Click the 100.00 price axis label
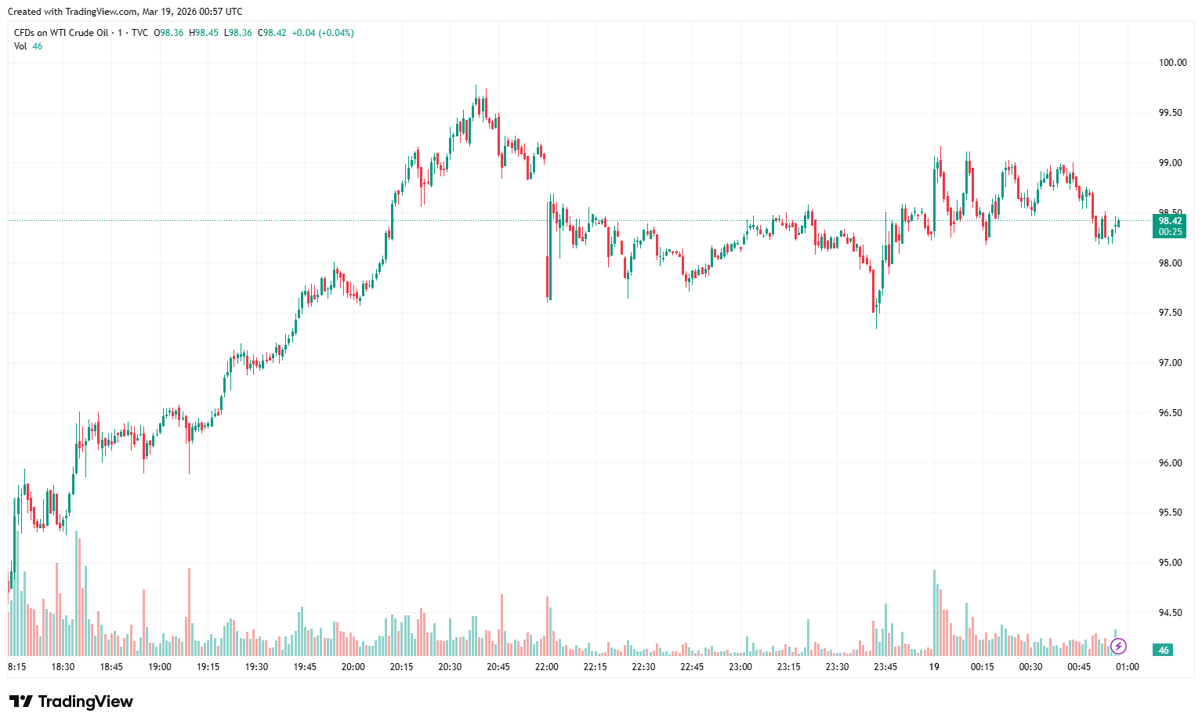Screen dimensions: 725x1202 [x=1172, y=63]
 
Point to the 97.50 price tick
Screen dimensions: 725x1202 [x=1171, y=313]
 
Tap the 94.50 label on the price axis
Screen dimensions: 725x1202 [x=1171, y=613]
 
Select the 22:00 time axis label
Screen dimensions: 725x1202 [x=547, y=667]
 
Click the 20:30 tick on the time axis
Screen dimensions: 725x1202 [x=450, y=667]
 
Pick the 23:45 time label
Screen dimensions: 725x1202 [x=885, y=667]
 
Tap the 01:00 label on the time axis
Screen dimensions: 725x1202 [x=1127, y=667]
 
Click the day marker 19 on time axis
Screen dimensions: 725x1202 [x=934, y=667]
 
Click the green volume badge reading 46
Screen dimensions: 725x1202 [x=1163, y=650]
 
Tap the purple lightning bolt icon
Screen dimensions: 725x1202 [x=1119, y=646]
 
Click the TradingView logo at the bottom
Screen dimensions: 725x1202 [x=71, y=701]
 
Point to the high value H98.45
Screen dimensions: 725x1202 [x=204, y=33]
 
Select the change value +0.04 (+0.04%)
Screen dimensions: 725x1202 [x=322, y=33]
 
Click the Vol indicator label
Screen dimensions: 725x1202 [x=20, y=46]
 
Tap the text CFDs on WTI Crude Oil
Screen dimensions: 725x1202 [x=61, y=33]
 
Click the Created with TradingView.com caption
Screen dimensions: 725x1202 [x=125, y=12]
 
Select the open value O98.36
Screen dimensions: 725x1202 [x=168, y=33]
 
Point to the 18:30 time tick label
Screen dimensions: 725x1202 [x=63, y=667]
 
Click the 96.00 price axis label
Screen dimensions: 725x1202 [x=1171, y=463]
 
